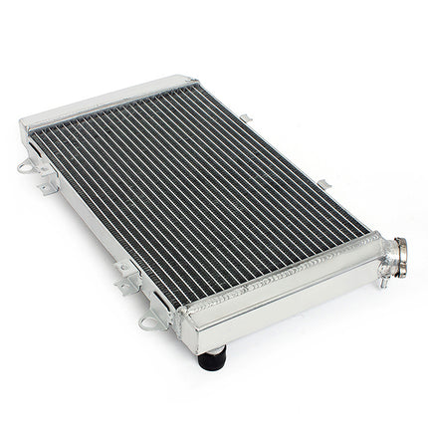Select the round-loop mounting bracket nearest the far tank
27,166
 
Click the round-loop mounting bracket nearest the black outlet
151,321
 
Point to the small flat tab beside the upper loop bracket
46,185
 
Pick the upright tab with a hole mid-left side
124,271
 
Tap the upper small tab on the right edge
245,118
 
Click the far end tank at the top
109,100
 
